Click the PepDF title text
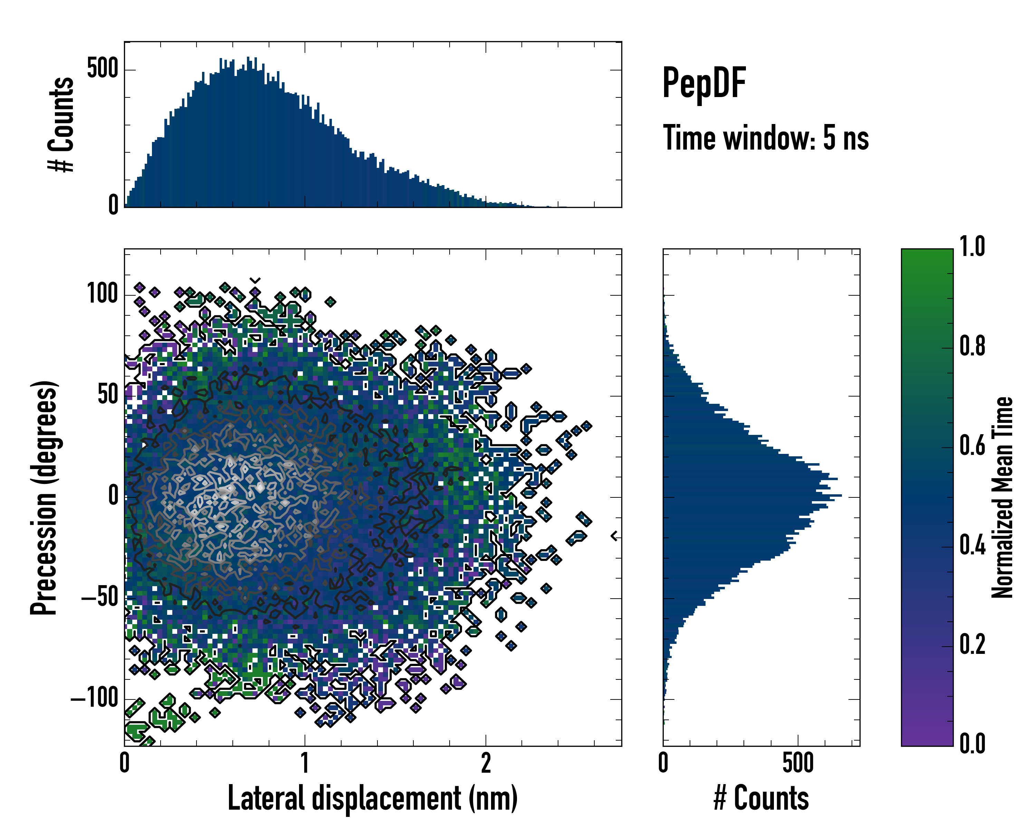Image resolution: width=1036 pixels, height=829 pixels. [703, 83]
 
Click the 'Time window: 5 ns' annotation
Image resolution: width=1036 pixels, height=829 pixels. [766, 138]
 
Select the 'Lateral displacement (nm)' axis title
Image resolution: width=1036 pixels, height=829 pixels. [372, 798]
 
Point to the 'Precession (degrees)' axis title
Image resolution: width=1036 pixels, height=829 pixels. [44, 497]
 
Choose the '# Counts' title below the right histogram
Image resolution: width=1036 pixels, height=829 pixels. [761, 798]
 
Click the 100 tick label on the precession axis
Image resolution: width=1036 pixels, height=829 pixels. [102, 294]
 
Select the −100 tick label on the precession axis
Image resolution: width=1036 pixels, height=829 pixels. [95, 698]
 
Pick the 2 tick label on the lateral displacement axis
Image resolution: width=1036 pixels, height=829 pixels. [486, 763]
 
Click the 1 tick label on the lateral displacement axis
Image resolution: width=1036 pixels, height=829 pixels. [305, 763]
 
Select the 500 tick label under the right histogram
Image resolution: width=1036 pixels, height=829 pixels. [798, 763]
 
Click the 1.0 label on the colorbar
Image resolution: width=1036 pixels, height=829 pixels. [972, 247]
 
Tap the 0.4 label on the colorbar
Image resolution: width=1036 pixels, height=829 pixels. [972, 546]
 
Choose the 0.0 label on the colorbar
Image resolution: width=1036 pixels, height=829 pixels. [972, 744]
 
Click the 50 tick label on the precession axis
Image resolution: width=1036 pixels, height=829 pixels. [108, 395]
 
